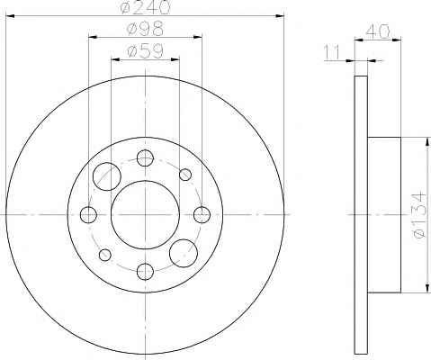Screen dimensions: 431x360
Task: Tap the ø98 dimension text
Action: tap(146, 29)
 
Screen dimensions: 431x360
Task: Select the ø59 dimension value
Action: tap(146, 51)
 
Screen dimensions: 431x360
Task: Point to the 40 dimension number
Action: tap(378, 31)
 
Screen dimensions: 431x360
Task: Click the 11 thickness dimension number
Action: tap(333, 52)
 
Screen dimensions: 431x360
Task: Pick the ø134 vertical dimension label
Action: tap(418, 215)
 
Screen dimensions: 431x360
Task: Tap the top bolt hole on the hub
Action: tap(145, 157)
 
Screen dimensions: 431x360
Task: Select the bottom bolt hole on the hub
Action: tap(145, 272)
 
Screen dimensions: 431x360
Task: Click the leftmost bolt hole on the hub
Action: tap(88, 215)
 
